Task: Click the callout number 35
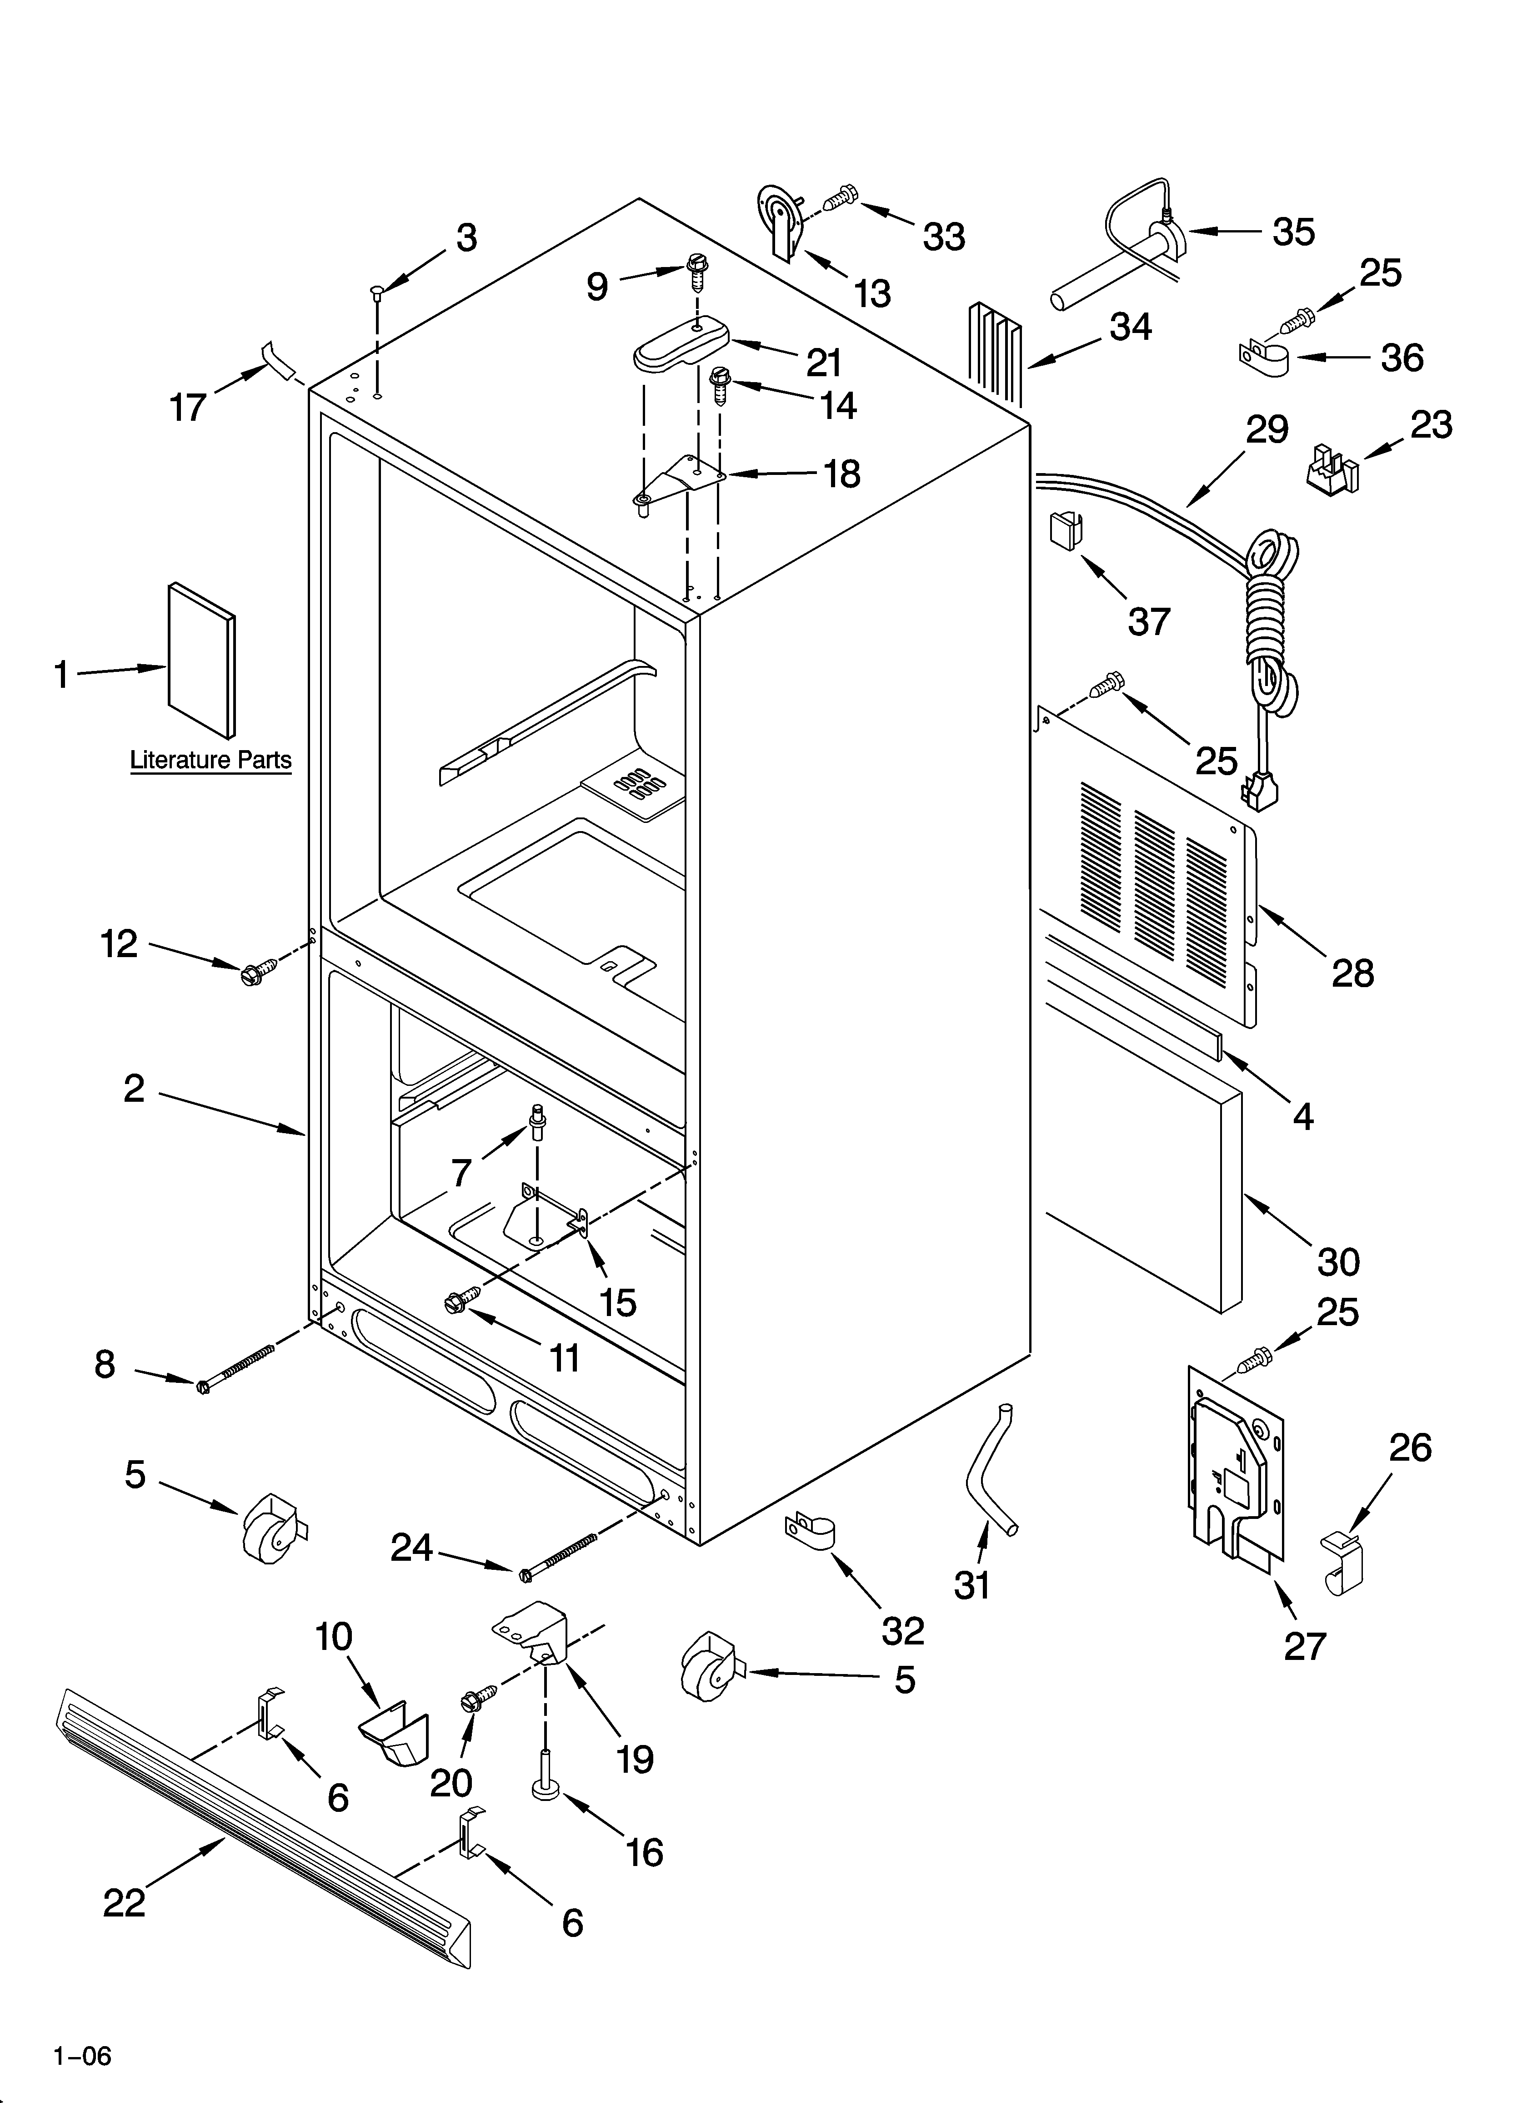click(1293, 232)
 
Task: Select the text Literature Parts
click(210, 760)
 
